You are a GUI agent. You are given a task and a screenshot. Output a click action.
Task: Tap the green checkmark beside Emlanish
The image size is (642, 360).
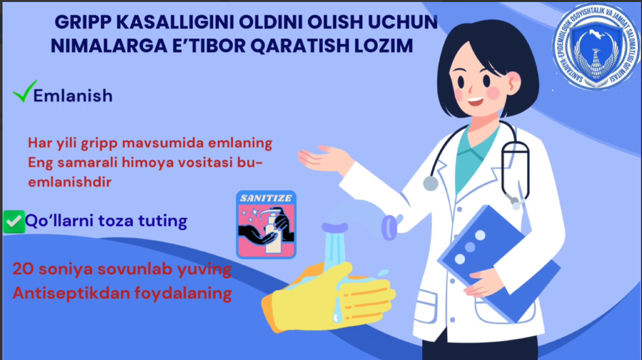(25, 91)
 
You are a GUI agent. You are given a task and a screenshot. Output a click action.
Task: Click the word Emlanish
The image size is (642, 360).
(73, 96)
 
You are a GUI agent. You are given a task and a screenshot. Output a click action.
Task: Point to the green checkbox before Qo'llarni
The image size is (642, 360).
(14, 222)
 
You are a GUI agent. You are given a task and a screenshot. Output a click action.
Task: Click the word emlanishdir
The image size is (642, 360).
(70, 182)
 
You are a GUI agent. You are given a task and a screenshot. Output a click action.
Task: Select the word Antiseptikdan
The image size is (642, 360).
(71, 293)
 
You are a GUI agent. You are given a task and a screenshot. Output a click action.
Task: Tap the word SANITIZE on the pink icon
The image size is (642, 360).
(266, 198)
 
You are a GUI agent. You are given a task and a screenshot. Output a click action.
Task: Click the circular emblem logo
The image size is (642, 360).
(596, 46)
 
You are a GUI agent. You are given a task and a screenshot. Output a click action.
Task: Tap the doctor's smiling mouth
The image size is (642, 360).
(475, 101)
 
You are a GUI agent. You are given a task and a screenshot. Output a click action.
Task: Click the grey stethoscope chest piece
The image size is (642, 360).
(430, 183)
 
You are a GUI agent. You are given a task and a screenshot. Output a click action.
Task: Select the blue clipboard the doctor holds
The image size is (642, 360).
(499, 263)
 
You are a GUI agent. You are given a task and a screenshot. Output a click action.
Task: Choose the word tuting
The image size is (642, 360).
(163, 221)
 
